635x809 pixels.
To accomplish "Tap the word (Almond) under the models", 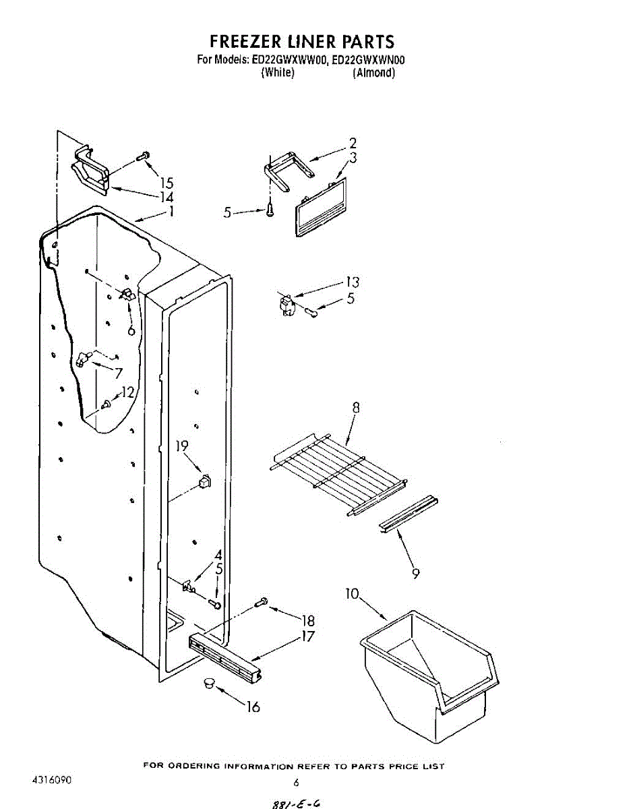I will tap(373, 73).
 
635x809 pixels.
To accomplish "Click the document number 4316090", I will tap(51, 780).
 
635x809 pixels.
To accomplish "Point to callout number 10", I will tap(352, 594).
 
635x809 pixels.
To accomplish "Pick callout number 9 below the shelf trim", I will tap(416, 574).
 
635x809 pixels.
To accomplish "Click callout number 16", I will tap(253, 707).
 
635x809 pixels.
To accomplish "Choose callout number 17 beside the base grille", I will tap(307, 636).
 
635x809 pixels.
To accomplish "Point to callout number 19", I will tap(183, 446).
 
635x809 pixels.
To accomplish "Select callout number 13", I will tap(353, 282).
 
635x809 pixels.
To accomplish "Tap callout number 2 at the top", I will tap(353, 143).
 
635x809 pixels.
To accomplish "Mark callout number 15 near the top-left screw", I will tap(167, 183).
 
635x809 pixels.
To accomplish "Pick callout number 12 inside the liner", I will tap(127, 393).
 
